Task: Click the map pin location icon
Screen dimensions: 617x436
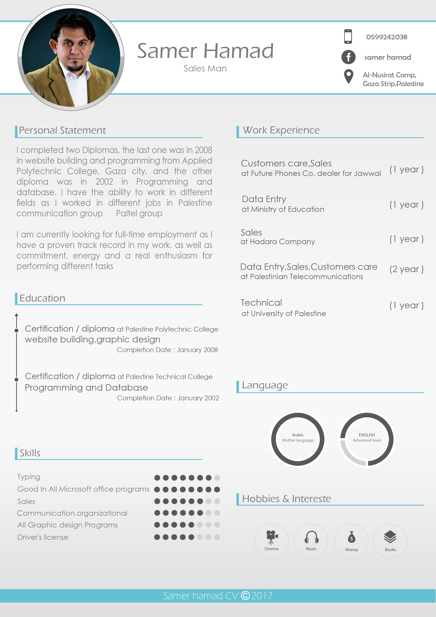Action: [348, 76]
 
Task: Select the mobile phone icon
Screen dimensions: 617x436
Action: [348, 37]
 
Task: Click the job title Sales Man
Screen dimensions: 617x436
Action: [205, 69]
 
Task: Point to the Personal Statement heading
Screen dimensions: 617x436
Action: [62, 130]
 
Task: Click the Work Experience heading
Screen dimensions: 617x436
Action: [281, 130]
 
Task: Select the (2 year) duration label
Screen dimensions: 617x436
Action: [406, 269]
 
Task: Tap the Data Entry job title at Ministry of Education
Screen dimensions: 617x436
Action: [264, 199]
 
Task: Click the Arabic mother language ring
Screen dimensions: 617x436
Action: [298, 439]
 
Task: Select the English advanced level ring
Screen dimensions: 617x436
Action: [367, 439]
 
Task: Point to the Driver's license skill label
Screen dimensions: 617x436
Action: [43, 537]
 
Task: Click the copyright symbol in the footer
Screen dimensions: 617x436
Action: [245, 596]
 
